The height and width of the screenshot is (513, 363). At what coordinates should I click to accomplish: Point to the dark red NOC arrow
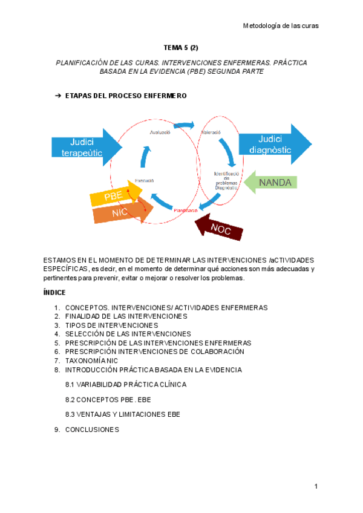coord(218,227)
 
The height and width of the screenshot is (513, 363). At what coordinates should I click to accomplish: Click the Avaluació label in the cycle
coord(160,133)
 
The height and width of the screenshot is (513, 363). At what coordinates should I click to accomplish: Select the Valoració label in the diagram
coord(211,132)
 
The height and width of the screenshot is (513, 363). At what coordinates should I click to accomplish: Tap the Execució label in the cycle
coord(144,180)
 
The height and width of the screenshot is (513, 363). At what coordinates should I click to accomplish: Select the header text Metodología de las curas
coord(280,26)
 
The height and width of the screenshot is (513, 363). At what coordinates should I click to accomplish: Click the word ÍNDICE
coord(55,293)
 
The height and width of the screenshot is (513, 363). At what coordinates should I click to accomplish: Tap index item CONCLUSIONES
coord(92,430)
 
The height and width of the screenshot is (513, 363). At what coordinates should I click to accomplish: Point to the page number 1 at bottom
coord(316,486)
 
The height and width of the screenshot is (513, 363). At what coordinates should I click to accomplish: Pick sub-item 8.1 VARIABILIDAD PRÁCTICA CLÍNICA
coord(125,384)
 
